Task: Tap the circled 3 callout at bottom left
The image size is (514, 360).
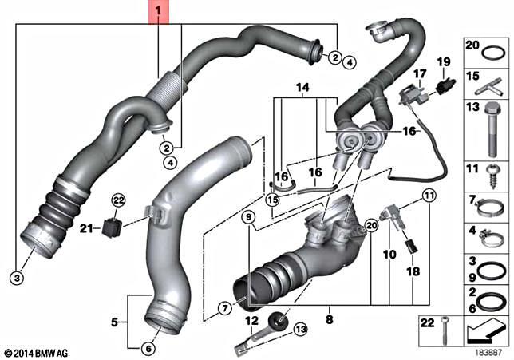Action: tap(17, 278)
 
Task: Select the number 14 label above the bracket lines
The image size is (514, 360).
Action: tap(301, 86)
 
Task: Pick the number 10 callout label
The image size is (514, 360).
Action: tap(389, 255)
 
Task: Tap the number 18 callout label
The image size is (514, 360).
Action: tap(413, 272)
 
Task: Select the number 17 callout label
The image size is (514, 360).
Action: tap(415, 73)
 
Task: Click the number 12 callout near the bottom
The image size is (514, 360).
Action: tap(250, 321)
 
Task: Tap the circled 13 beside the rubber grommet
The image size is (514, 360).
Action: tap(300, 329)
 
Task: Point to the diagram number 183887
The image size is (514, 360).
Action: tap(489, 351)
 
